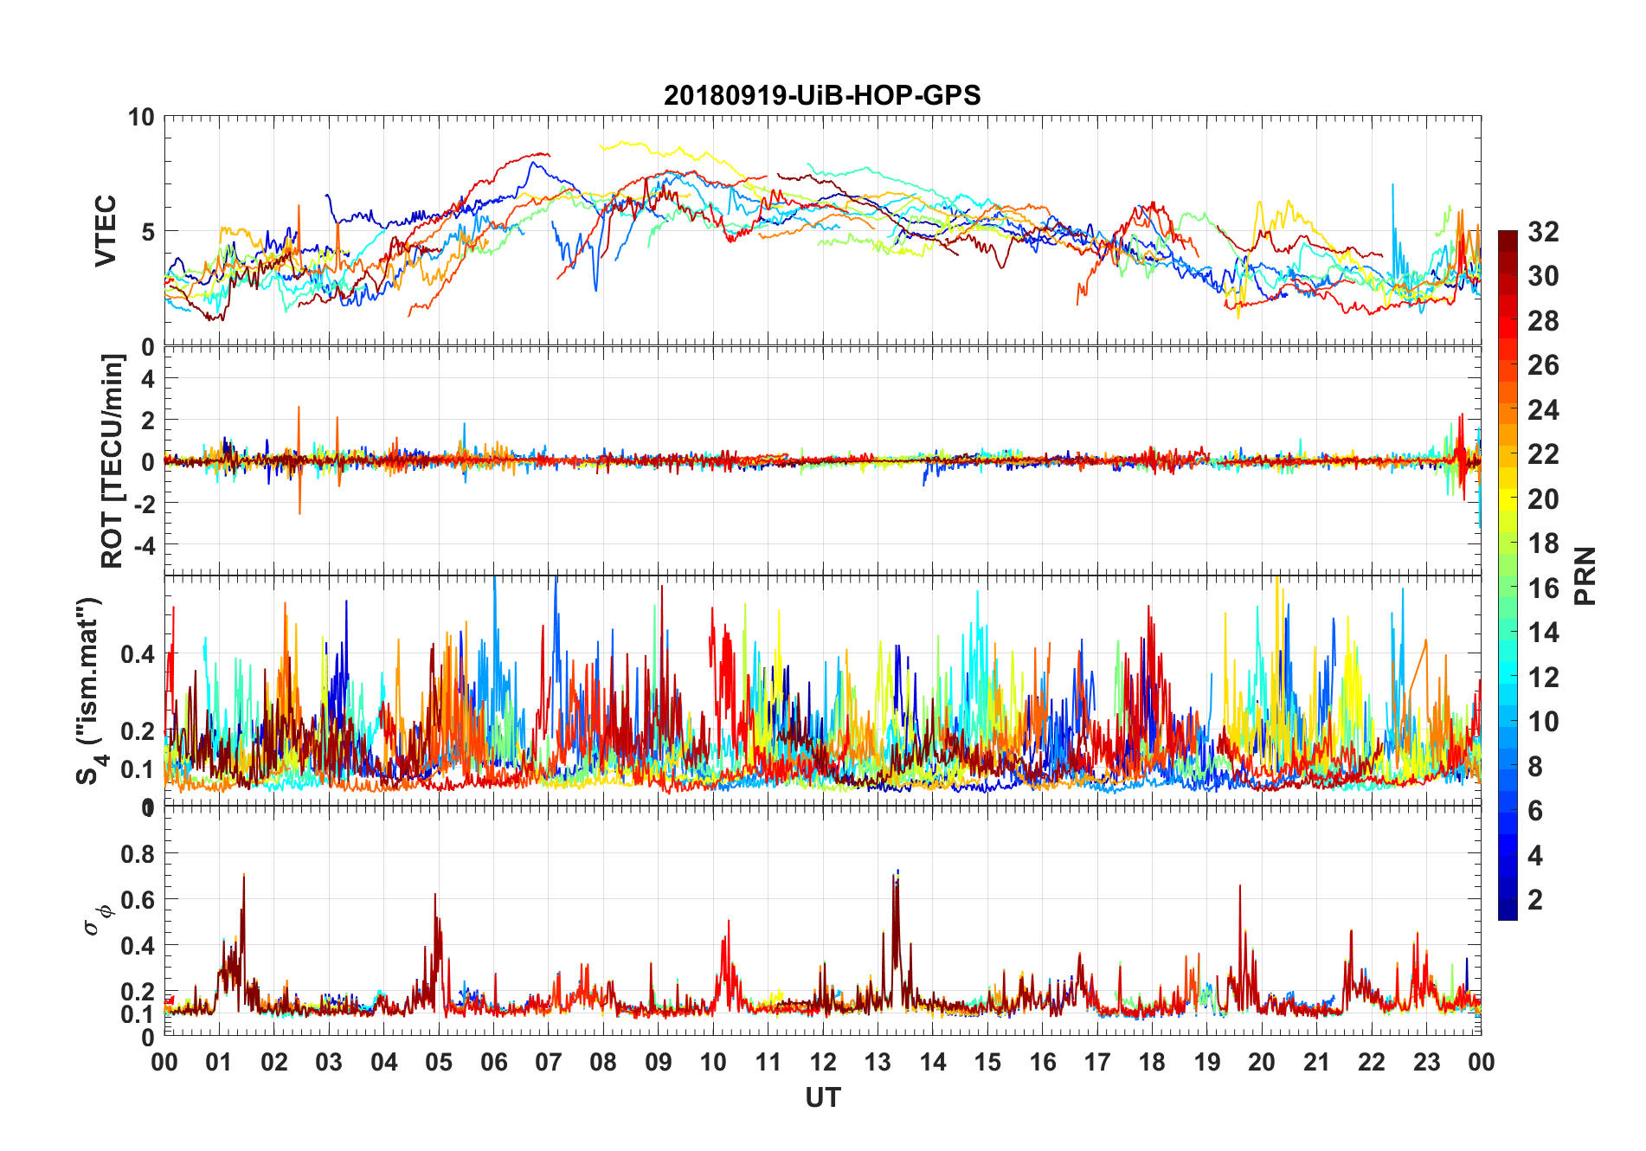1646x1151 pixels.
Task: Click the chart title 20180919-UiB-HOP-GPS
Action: (822, 95)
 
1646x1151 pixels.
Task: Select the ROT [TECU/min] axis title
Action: (113, 460)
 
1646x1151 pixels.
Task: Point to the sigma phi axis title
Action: (97, 919)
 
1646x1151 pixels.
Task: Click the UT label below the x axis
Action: (822, 1098)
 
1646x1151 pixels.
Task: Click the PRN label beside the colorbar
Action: (1585, 575)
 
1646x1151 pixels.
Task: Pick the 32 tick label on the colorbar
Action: (1543, 232)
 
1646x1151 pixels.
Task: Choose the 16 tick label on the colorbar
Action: (1543, 588)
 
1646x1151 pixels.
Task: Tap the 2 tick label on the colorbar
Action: (1535, 900)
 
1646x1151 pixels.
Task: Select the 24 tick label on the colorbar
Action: (1543, 410)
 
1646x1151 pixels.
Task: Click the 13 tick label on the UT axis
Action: (878, 1062)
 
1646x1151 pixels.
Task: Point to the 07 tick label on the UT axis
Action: (549, 1062)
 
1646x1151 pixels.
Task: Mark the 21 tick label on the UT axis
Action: (1316, 1062)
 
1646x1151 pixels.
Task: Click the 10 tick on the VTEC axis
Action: (141, 117)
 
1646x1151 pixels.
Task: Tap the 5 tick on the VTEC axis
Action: (148, 231)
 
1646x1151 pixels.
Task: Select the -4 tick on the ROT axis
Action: (143, 545)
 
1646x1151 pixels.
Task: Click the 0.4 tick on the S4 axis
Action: (138, 654)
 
